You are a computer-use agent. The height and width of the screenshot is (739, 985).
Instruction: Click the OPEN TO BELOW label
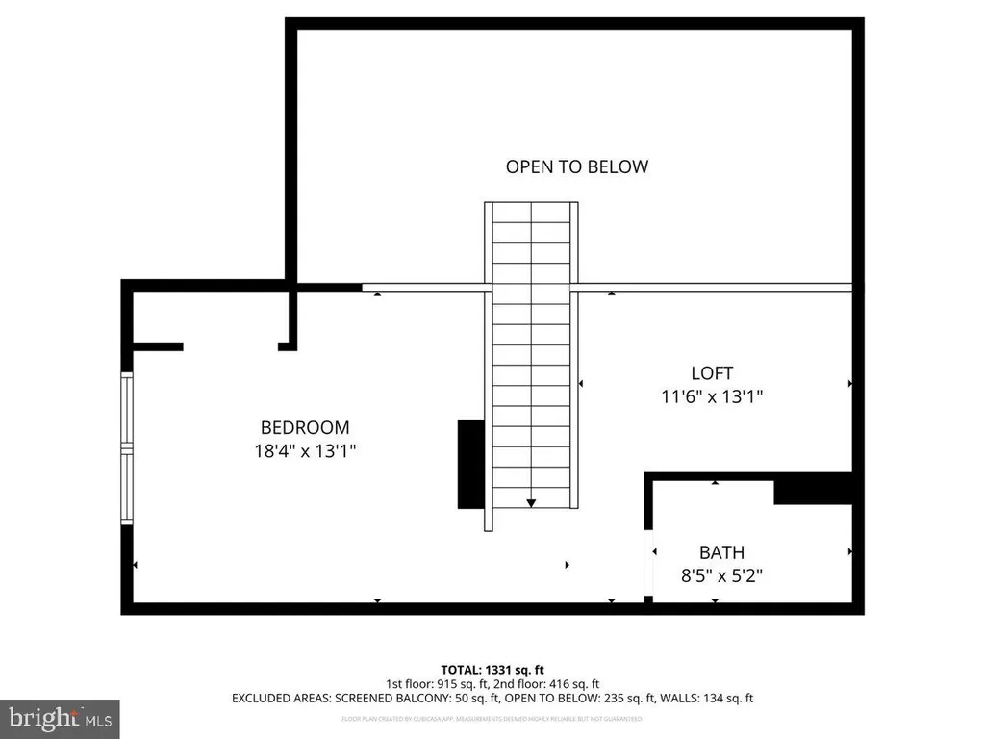pos(577,166)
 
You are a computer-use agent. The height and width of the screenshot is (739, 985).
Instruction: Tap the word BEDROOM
pos(305,427)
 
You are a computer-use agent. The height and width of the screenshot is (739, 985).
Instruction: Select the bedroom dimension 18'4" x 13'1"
pos(305,449)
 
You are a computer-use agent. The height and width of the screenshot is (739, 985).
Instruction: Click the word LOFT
pos(712,373)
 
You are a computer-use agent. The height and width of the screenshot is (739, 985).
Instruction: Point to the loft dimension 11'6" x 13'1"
pos(712,395)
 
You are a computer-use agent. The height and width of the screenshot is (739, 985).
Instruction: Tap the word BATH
pos(721,552)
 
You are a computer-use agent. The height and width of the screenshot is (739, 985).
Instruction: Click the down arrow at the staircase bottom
pos(531,502)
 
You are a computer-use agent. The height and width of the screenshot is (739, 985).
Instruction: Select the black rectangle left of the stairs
pos(470,464)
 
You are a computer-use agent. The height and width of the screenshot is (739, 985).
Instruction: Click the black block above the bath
pos(813,490)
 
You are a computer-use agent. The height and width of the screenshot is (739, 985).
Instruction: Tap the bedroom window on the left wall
pos(125,447)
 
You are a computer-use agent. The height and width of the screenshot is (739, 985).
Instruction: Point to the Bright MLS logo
pos(60,718)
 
